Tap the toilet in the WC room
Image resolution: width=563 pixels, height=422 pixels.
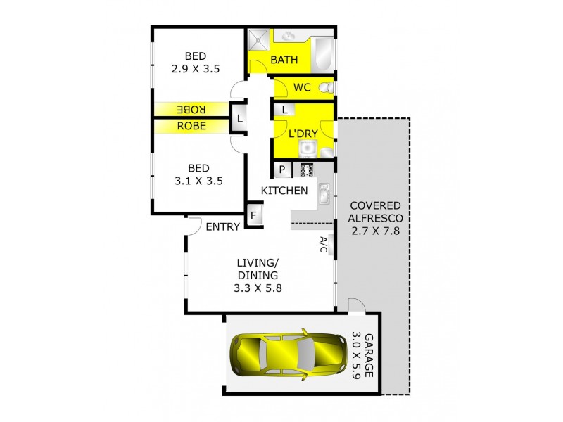pos(326,87)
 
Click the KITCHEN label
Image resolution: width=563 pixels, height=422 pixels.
pos(284,191)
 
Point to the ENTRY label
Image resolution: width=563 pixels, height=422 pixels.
pos(223,226)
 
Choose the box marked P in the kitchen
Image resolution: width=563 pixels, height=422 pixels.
pos(282,170)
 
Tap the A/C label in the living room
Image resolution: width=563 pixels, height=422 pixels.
pos(324,245)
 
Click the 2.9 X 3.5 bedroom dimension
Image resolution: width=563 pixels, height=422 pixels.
pos(196,69)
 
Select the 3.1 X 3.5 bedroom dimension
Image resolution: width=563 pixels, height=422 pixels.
pos(198,181)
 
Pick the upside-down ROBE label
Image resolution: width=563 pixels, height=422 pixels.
pos(191,110)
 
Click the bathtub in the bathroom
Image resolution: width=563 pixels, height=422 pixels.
pos(324,51)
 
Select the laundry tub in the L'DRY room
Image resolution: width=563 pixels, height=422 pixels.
pos(307,148)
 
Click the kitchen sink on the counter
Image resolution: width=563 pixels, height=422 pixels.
pos(324,193)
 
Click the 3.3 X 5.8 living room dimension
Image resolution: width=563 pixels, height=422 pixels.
pos(259,287)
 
